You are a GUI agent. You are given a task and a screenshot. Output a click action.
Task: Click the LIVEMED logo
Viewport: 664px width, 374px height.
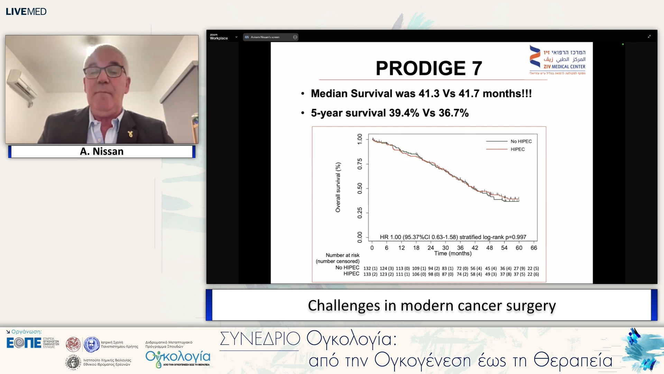click(x=26, y=11)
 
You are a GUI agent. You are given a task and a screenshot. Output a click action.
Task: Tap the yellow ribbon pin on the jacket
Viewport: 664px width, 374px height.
click(x=130, y=134)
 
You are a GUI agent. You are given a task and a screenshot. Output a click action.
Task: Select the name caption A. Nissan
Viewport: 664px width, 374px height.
click(x=102, y=151)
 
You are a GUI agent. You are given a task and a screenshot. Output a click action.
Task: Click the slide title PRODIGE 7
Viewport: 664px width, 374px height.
click(x=429, y=68)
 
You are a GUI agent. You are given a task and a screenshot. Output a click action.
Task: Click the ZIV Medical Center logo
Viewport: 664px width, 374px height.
click(x=557, y=60)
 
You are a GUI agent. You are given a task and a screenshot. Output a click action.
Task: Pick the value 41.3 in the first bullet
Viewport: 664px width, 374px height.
click(x=429, y=93)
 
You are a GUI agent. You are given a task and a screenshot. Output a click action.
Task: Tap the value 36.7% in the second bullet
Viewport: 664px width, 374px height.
click(x=453, y=113)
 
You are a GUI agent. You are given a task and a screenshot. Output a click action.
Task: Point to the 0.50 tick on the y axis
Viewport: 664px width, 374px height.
click(x=360, y=188)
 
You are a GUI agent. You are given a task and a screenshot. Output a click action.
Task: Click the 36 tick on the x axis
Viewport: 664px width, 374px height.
click(x=460, y=248)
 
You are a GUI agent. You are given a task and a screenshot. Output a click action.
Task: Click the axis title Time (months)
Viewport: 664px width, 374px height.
click(x=453, y=253)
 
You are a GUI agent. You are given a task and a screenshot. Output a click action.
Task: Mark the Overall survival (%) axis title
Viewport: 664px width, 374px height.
click(x=338, y=187)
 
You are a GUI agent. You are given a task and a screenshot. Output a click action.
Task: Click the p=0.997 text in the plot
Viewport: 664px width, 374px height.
click(x=516, y=237)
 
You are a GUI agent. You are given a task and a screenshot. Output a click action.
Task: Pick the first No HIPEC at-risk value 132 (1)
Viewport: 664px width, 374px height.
click(x=370, y=268)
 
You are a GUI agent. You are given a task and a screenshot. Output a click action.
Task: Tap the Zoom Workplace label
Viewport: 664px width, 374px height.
click(x=219, y=37)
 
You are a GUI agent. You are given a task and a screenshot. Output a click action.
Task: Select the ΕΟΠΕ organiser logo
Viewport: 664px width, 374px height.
click(x=24, y=343)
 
